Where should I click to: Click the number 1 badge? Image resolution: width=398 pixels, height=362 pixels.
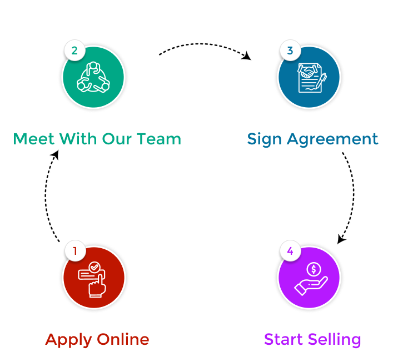point(74,251)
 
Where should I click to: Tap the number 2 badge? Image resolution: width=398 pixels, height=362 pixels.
point(74,51)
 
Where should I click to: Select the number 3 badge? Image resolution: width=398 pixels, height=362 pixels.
point(290,51)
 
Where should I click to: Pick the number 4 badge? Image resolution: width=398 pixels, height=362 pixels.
point(290,251)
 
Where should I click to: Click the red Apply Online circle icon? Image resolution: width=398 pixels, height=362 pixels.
point(93,277)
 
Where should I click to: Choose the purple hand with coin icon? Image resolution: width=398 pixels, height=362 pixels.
point(309,277)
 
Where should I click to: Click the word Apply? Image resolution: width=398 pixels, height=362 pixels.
point(69,340)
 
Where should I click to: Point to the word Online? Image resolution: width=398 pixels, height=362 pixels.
point(123,339)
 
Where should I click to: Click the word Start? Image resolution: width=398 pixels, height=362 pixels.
point(283,339)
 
